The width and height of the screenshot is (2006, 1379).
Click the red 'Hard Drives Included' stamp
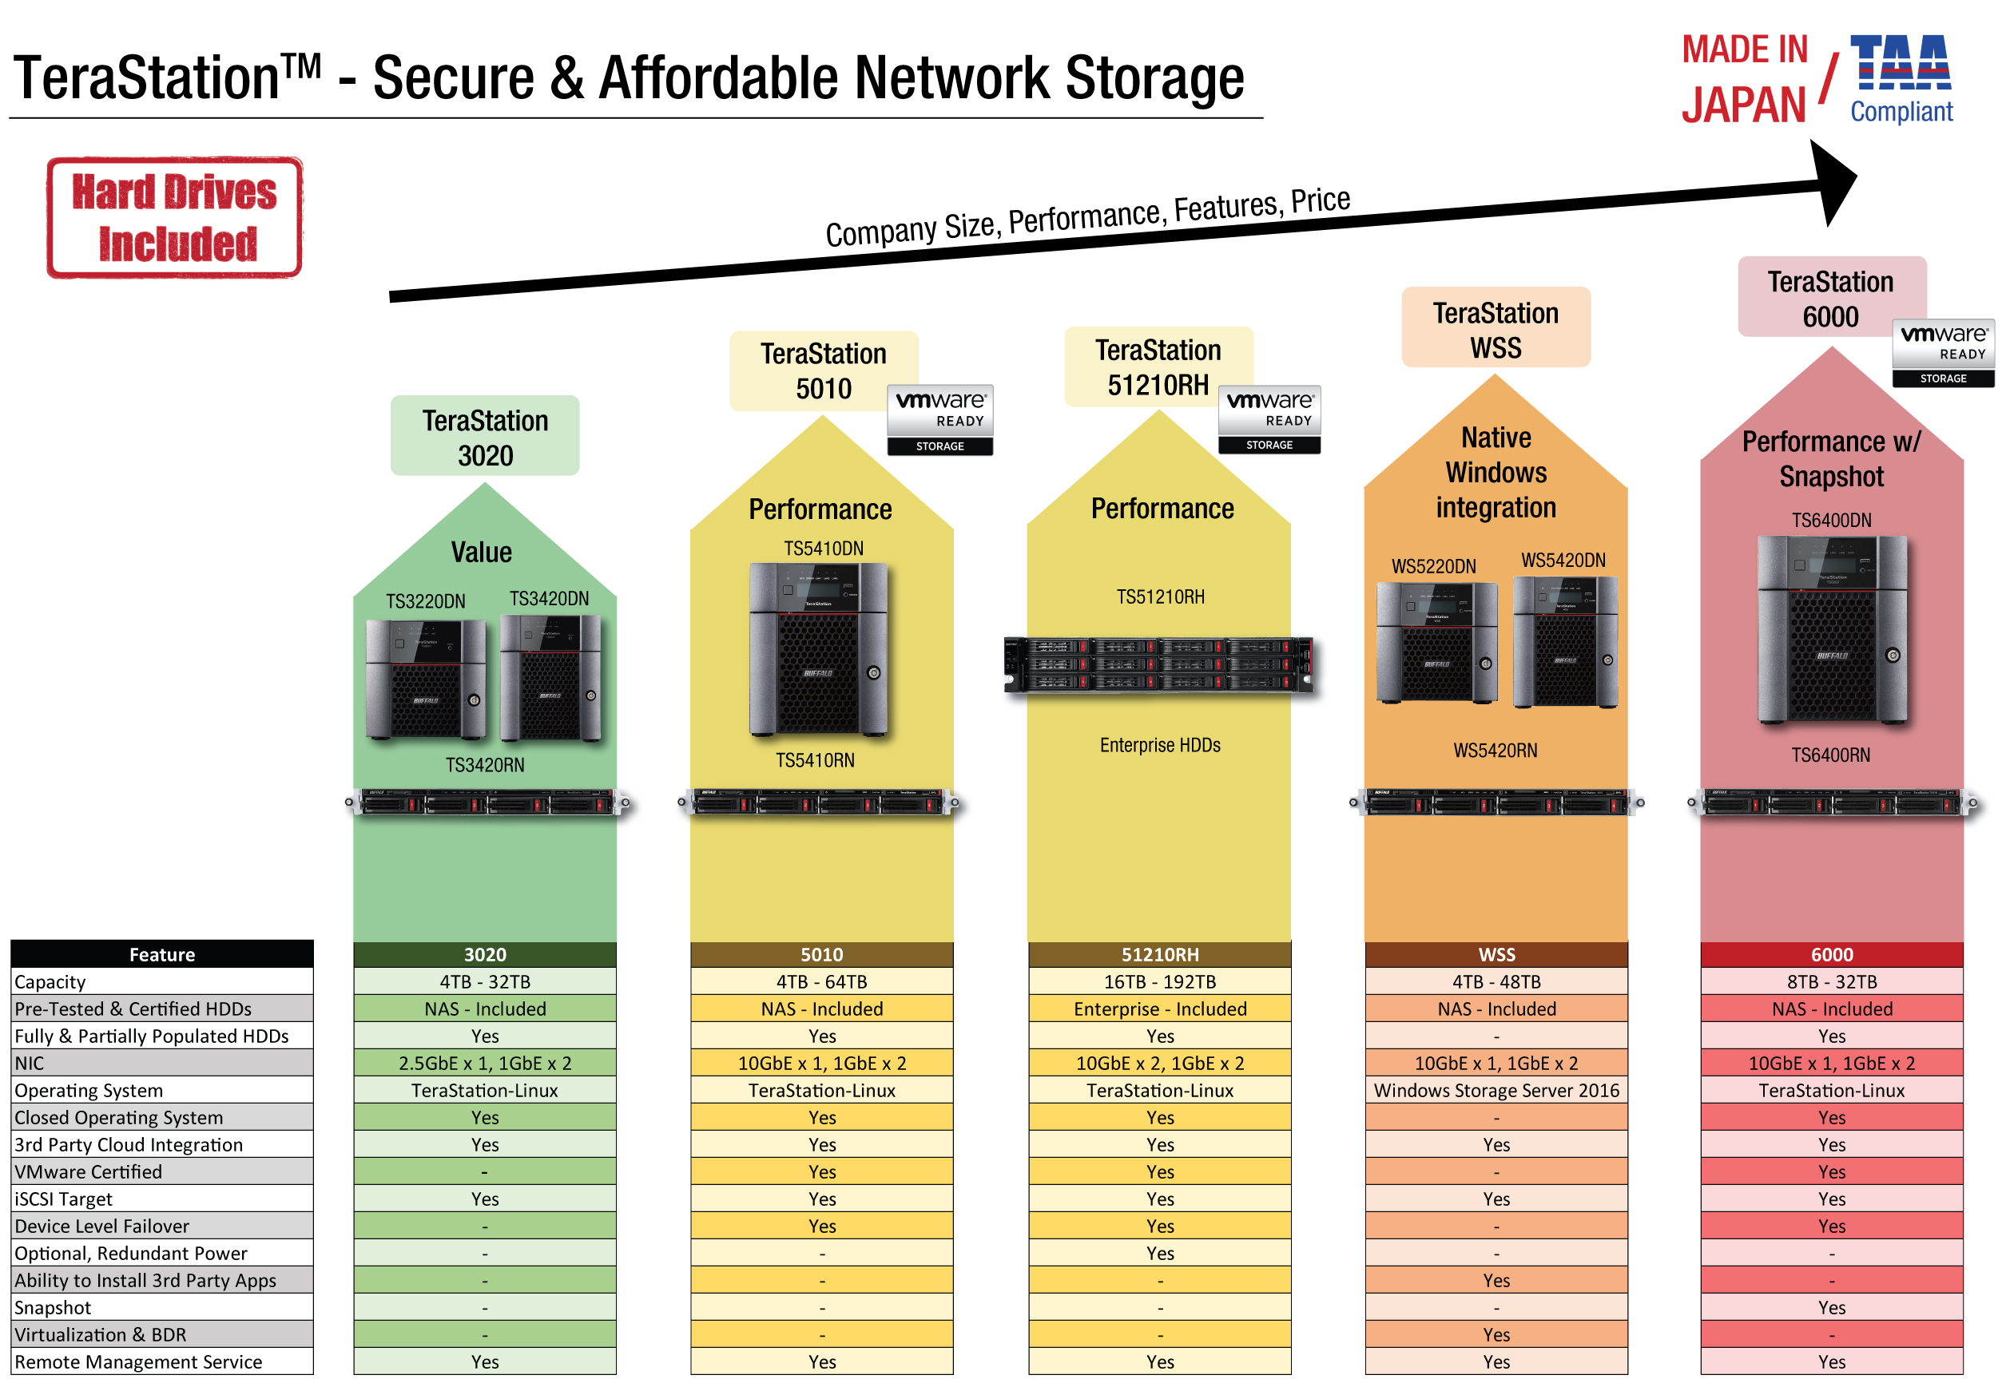pyautogui.click(x=175, y=218)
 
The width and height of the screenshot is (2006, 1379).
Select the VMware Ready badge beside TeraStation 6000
pyautogui.click(x=1943, y=354)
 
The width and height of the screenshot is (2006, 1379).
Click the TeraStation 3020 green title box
pyautogui.click(x=485, y=436)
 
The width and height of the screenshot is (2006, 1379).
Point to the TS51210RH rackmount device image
pyautogui.click(x=1159, y=664)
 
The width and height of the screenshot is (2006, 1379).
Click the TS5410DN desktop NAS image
pyautogui.click(x=820, y=649)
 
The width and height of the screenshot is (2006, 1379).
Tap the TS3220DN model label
pyautogui.click(x=425, y=601)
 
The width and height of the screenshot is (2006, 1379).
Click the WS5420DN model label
pyautogui.click(x=1563, y=561)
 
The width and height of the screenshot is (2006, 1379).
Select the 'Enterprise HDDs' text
pyautogui.click(x=1160, y=745)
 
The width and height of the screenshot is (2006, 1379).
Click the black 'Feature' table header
pyautogui.click(x=161, y=955)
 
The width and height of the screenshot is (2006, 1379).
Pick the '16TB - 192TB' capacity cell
pyautogui.click(x=1160, y=982)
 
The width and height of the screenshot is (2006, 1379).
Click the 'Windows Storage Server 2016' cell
pyautogui.click(x=1496, y=1091)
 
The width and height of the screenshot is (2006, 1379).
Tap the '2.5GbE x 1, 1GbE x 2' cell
pyautogui.click(x=485, y=1064)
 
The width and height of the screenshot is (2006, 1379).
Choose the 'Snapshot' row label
pyautogui.click(x=53, y=1308)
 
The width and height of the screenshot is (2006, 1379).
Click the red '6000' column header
pyautogui.click(x=1831, y=955)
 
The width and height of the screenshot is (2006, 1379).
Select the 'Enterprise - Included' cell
pyautogui.click(x=1160, y=1009)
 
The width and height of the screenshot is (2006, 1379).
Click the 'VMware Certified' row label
pyautogui.click(x=88, y=1172)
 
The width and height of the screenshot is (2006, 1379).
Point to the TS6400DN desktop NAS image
pyautogui.click(x=1831, y=630)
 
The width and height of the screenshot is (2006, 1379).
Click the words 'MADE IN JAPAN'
pyautogui.click(x=1744, y=80)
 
